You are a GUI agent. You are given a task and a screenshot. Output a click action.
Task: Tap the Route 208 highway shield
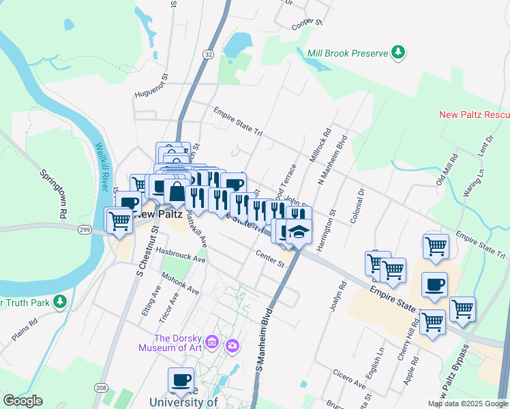coord(101,389)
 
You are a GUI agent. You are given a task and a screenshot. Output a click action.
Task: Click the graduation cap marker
coord(299,232)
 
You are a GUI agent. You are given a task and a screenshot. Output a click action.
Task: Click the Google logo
coord(22,402)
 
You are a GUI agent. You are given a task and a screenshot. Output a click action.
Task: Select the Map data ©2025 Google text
coord(468,404)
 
